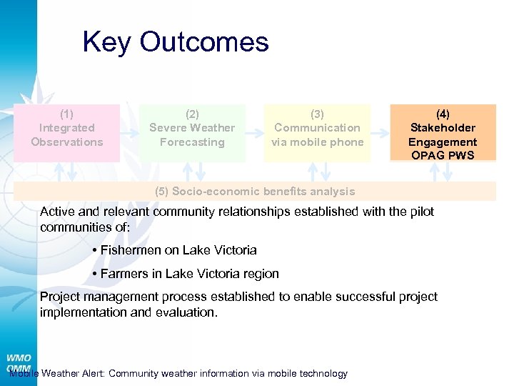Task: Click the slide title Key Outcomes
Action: pyautogui.click(x=176, y=42)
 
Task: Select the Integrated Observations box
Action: pyautogui.click(x=67, y=129)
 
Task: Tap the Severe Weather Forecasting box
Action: pyautogui.click(x=192, y=129)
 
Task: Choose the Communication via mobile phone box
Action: pyautogui.click(x=318, y=129)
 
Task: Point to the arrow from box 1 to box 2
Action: pyautogui.click(x=130, y=133)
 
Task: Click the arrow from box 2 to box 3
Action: pyautogui.click(x=255, y=133)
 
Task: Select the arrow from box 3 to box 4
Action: pyautogui.click(x=380, y=133)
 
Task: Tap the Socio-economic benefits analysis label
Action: pyautogui.click(x=255, y=192)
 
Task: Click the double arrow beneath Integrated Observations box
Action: pyautogui.click(x=67, y=172)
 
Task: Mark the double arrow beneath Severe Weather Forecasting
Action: pyautogui.click(x=192, y=172)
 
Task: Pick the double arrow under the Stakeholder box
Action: pyautogui.click(x=443, y=172)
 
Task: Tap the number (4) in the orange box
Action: pyautogui.click(x=443, y=114)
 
